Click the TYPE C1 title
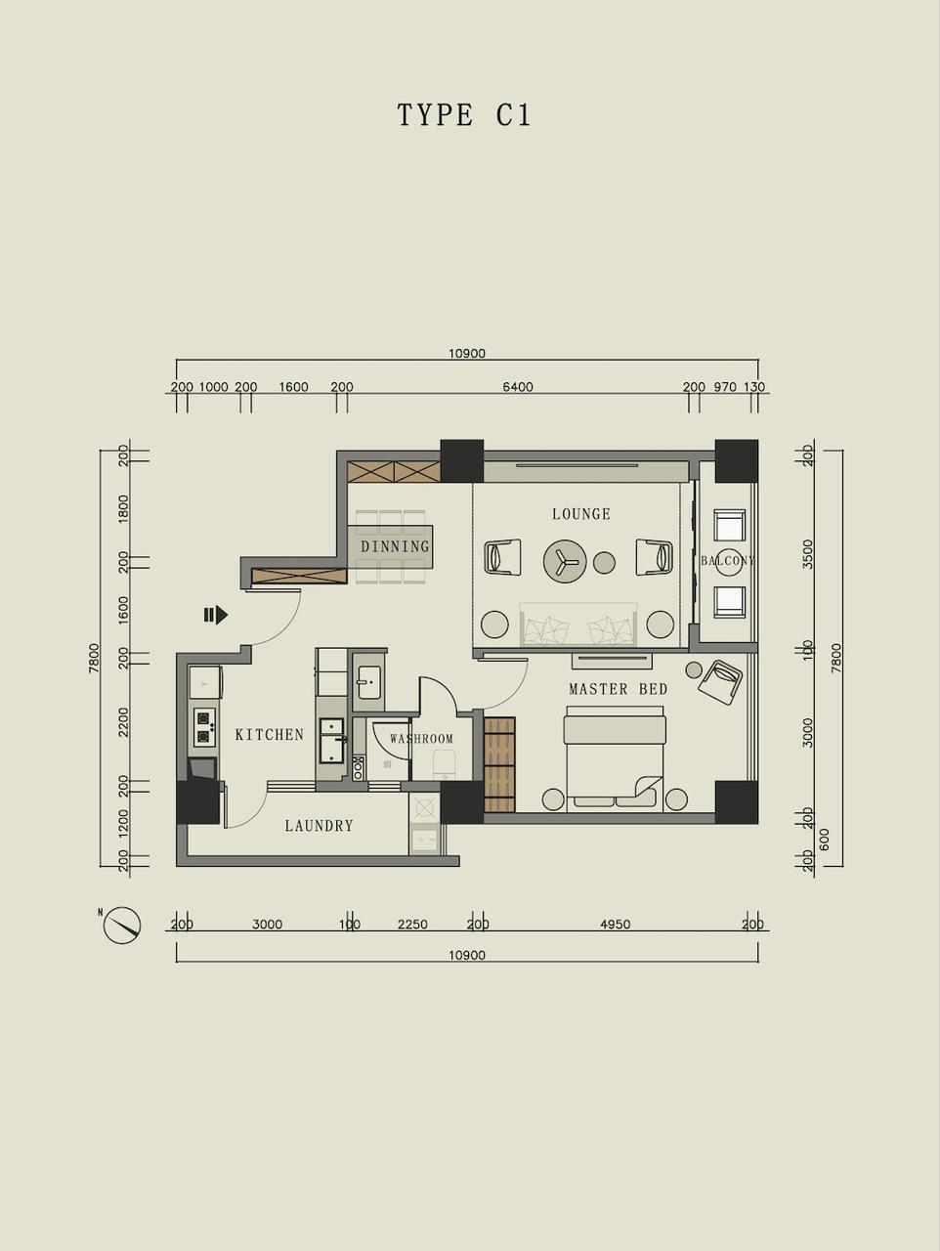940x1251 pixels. [x=464, y=114]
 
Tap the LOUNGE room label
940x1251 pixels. [x=581, y=514]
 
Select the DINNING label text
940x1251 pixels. [x=396, y=546]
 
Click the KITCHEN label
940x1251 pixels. [x=270, y=735]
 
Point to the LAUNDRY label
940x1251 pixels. [x=319, y=826]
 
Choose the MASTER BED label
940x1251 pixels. [x=619, y=689]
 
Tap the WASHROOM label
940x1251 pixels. [x=421, y=739]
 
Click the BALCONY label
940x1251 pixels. [x=728, y=561]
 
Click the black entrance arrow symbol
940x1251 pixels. [x=216, y=615]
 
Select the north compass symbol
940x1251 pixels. [x=121, y=925]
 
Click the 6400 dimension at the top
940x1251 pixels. [x=518, y=387]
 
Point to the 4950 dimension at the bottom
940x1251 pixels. [x=616, y=925]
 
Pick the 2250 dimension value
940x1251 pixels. [x=412, y=925]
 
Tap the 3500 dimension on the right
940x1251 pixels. [x=807, y=554]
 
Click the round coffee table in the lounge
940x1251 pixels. [x=565, y=562]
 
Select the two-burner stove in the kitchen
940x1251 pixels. [x=204, y=727]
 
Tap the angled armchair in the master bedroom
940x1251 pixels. [x=721, y=683]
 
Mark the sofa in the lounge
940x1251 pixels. [x=578, y=625]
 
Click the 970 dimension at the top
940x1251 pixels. [x=725, y=387]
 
